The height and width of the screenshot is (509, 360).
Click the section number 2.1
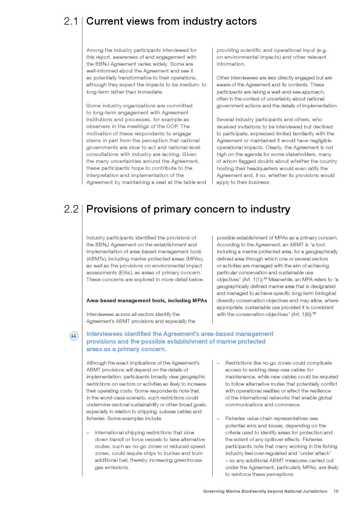(x=71, y=21)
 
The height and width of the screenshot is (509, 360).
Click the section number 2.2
(x=71, y=209)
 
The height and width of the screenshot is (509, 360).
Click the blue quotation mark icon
(x=74, y=336)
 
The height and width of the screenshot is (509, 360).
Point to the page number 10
(x=336, y=491)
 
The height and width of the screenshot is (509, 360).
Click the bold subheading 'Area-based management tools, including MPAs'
(x=147, y=300)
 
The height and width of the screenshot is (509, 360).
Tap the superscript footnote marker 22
(x=265, y=278)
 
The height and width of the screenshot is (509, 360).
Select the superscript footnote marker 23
(x=314, y=313)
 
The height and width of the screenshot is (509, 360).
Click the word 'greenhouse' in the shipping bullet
(x=188, y=460)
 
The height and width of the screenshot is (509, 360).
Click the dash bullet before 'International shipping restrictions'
(x=88, y=433)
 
